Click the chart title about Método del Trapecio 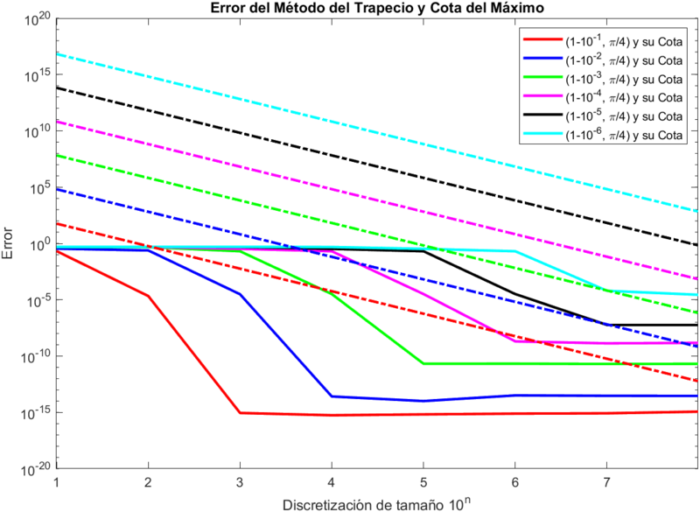377,8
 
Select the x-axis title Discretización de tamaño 377,504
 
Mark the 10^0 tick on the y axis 40,244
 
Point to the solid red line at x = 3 240,412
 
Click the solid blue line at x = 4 332,396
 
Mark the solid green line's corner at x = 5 423,363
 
